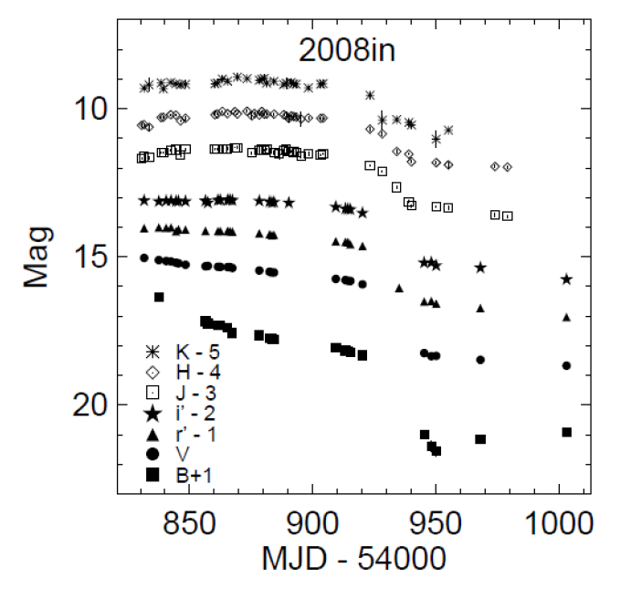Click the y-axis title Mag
(37, 258)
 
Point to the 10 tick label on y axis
(88, 109)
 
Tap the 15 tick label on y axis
(88, 257)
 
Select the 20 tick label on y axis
(88, 404)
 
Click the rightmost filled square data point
(566, 432)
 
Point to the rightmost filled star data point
(566, 279)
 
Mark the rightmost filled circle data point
(566, 365)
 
